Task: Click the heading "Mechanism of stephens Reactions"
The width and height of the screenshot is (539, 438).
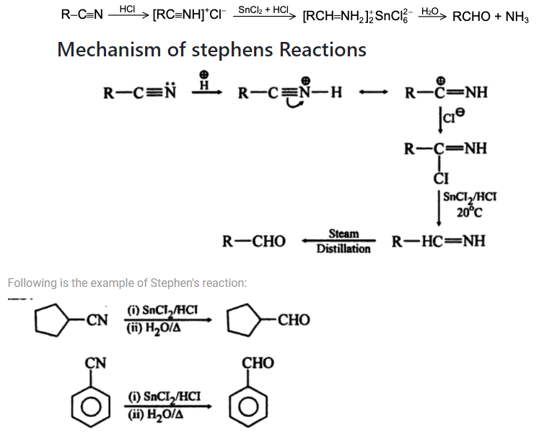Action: [x=211, y=50]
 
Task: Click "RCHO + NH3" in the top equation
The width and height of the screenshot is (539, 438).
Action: [x=490, y=15]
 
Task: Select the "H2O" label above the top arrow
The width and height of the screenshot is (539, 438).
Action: [x=430, y=9]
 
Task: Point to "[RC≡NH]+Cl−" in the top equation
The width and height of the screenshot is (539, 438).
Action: [x=190, y=15]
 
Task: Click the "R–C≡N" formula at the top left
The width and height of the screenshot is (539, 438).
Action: [x=83, y=15]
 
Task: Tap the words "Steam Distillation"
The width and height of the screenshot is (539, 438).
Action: [x=343, y=241]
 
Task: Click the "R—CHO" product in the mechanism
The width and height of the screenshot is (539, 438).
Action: [x=254, y=241]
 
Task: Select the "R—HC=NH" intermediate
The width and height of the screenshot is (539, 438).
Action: [x=439, y=241]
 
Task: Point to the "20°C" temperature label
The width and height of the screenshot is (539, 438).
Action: [x=470, y=212]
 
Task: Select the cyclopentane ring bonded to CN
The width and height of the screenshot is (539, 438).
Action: [x=57, y=318]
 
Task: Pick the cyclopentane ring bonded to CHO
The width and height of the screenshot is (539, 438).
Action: [x=243, y=318]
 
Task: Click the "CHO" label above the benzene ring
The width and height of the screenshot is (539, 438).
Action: [x=258, y=361]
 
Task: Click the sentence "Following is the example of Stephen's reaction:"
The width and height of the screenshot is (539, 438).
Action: [x=127, y=283]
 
